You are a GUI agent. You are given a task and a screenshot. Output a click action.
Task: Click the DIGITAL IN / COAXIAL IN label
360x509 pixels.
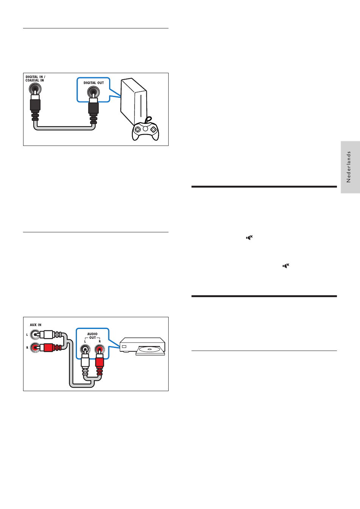point(35,78)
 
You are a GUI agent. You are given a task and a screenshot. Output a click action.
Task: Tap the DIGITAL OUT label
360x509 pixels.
point(94,83)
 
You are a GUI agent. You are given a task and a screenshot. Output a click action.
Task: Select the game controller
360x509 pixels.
point(145,131)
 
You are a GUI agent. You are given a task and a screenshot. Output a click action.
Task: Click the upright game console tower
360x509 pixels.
point(133,102)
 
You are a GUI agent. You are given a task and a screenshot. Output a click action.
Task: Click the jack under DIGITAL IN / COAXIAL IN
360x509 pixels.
point(35,89)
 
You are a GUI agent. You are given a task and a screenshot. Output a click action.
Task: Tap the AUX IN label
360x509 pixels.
point(36,325)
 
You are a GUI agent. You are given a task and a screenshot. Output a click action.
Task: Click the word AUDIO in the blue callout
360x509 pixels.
point(92,334)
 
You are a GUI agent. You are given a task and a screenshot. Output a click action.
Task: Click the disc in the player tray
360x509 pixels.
point(150,349)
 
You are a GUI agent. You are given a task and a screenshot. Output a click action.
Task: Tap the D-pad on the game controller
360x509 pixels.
point(138,129)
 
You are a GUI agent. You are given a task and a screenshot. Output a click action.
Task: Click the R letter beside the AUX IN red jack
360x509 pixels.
point(27,347)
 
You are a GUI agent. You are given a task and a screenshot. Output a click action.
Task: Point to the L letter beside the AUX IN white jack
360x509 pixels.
point(27,335)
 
